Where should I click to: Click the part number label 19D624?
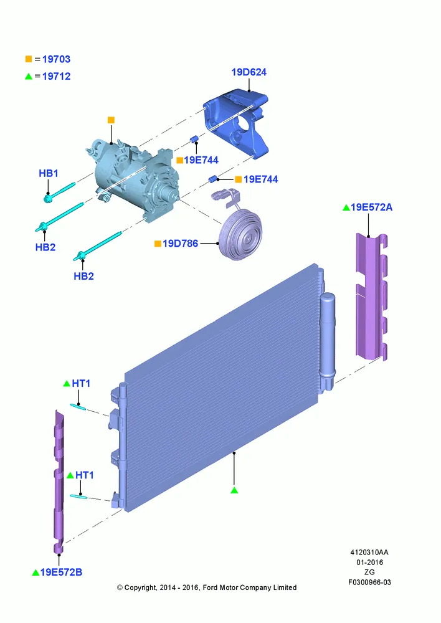(249, 72)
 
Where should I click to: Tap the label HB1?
(49, 174)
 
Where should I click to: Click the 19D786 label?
(180, 244)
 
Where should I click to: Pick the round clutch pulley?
(241, 234)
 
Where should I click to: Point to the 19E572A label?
(371, 207)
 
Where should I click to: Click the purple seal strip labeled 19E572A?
(371, 297)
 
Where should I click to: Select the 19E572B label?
(61, 572)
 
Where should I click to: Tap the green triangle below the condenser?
(234, 490)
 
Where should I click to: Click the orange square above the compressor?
(111, 120)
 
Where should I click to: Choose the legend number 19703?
(57, 59)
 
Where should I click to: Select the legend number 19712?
(57, 76)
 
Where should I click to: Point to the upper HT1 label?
(81, 383)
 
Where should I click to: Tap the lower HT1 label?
(85, 475)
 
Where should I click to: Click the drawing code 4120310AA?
(369, 552)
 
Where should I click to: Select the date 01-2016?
(369, 562)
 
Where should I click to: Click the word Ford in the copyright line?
(211, 587)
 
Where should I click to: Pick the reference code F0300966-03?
(369, 583)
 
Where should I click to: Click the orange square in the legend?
(29, 59)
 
